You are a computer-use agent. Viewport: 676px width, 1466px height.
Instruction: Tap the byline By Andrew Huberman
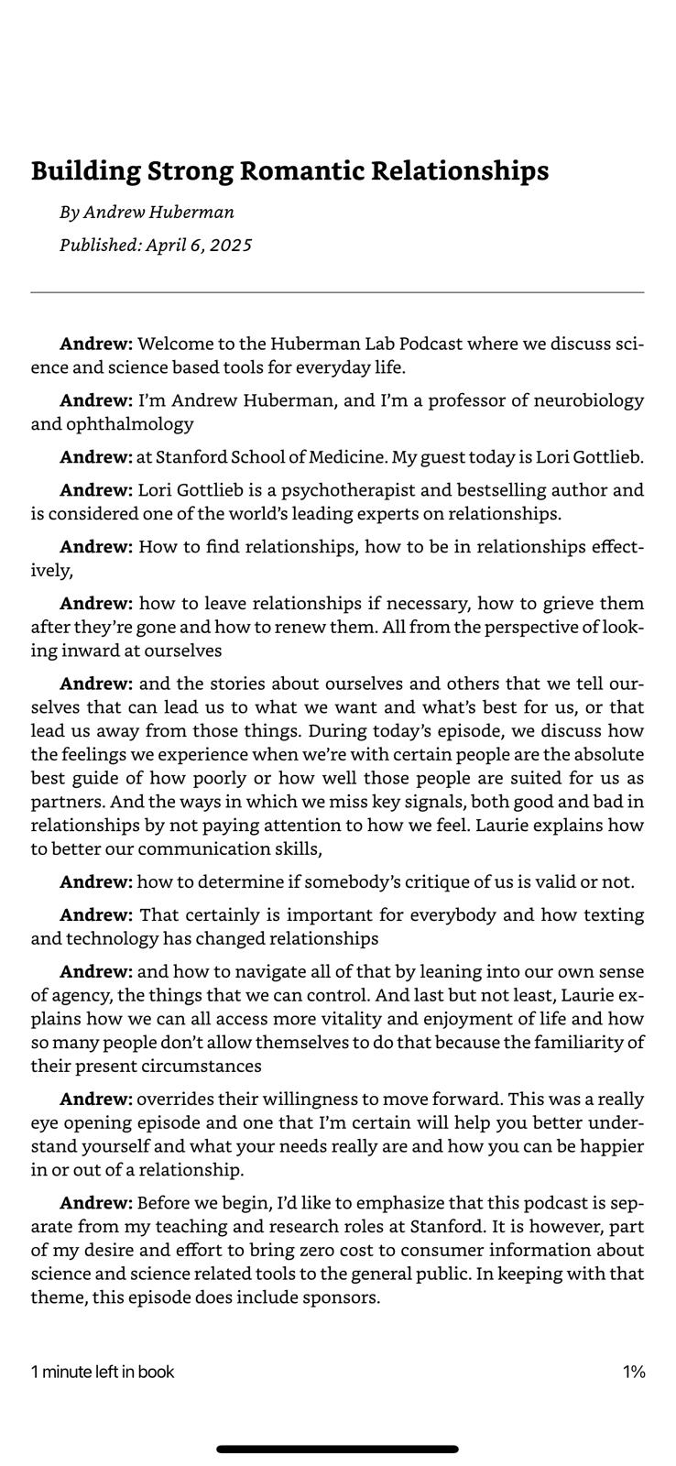point(147,213)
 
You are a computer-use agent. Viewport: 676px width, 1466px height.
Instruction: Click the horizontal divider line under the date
point(337,293)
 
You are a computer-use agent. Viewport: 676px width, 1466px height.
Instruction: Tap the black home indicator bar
point(337,1450)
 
